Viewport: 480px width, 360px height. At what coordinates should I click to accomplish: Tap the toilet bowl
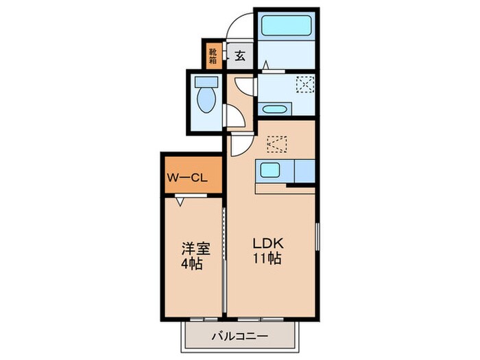[204, 101]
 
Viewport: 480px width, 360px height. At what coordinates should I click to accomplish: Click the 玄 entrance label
[241, 56]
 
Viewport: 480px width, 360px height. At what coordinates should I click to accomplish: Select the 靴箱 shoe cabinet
[213, 55]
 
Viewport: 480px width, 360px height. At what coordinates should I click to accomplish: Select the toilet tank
[204, 82]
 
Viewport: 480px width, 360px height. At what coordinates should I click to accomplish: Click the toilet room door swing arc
[237, 117]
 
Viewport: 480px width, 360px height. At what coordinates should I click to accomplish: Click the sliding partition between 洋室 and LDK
[225, 257]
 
